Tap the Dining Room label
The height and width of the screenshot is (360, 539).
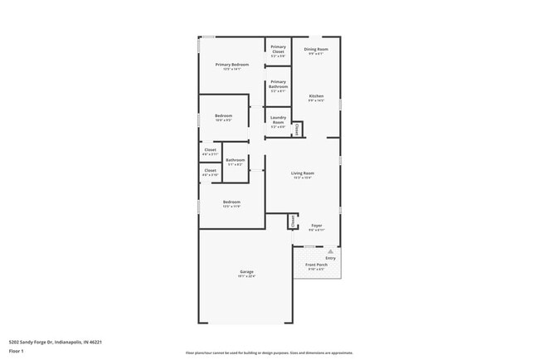[316, 50]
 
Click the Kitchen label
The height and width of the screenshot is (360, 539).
[316, 97]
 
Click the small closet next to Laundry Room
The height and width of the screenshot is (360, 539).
[297, 129]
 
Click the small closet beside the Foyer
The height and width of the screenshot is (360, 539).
[292, 221]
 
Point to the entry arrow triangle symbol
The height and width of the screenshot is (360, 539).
[330, 250]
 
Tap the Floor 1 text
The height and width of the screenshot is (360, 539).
[17, 351]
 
